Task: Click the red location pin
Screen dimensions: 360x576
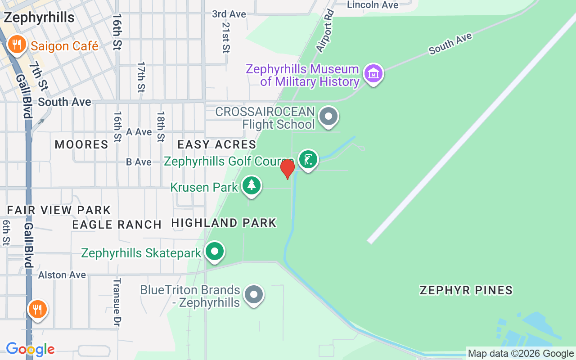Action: [x=287, y=169]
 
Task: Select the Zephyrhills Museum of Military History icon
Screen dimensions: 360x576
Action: [x=373, y=73]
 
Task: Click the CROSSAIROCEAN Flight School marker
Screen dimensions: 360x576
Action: [x=328, y=117]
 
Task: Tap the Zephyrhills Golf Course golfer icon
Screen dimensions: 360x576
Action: [x=308, y=159]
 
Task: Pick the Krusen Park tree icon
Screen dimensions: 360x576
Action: [x=252, y=185]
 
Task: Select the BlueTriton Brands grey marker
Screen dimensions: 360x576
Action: [x=254, y=295]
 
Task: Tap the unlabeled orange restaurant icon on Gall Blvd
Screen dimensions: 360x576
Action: [x=38, y=310]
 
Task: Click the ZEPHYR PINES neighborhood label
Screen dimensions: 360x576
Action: [x=466, y=290]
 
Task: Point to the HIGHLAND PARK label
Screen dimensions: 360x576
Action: [x=224, y=223]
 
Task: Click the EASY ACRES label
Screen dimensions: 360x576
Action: [x=216, y=144]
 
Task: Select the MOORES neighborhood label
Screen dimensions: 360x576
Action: [x=81, y=144]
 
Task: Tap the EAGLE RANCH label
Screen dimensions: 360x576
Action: [x=117, y=225]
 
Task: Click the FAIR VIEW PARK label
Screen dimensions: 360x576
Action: [x=59, y=210]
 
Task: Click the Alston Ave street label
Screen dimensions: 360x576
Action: [x=62, y=274]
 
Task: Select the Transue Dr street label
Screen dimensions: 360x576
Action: [x=117, y=302]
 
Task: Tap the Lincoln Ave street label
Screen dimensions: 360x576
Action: [x=373, y=5]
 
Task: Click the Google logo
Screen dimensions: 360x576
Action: [x=30, y=349]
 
